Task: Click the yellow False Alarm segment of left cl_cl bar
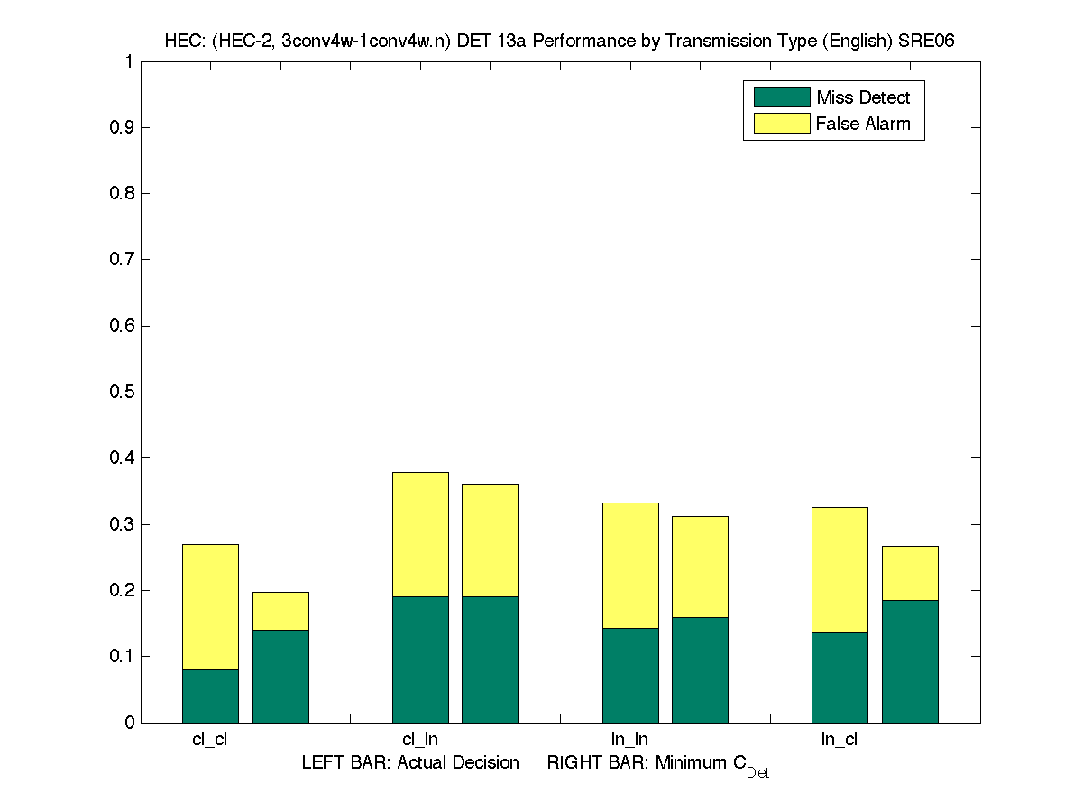pos(210,606)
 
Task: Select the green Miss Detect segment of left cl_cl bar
pos(210,696)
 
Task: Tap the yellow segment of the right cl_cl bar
pos(280,611)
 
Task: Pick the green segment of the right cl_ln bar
pos(490,660)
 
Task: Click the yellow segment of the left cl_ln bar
pos(420,534)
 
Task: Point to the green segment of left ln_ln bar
pos(630,675)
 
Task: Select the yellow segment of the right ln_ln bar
pos(700,567)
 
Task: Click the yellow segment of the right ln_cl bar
pos(910,573)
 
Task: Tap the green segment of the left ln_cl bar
pos(840,678)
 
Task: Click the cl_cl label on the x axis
pos(210,740)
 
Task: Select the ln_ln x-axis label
pos(629,740)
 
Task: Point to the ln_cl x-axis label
pos(839,740)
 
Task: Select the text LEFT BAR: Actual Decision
pos(410,763)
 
